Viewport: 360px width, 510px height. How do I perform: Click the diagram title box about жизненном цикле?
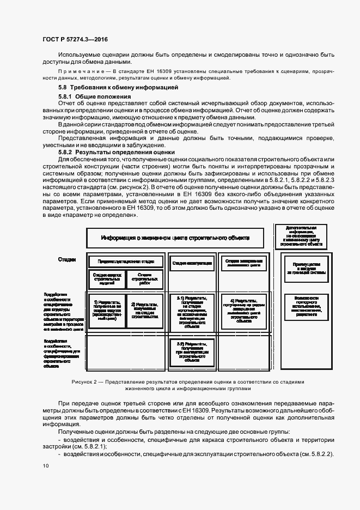pos(175,238)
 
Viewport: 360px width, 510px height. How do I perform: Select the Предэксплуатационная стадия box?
pos(125,262)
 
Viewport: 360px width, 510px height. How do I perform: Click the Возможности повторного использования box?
pos(301,306)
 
